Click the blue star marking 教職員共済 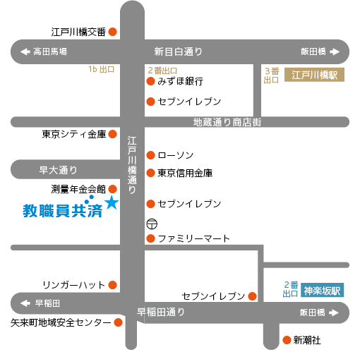112,202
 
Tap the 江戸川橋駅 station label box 314,75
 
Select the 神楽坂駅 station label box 322,291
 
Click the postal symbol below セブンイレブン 152,224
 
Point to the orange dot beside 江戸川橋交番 113,32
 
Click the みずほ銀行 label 180,81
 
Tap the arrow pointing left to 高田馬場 25,51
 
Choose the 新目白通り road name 178,51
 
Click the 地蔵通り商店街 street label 227,122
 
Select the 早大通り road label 58,170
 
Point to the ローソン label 176,155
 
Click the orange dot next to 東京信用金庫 150,173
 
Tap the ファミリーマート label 193,238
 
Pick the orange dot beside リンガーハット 113,285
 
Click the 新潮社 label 307,340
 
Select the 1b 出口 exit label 102,69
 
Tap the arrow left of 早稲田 25,303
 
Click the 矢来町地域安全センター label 61,322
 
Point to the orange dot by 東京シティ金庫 113,134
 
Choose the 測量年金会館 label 78,189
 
